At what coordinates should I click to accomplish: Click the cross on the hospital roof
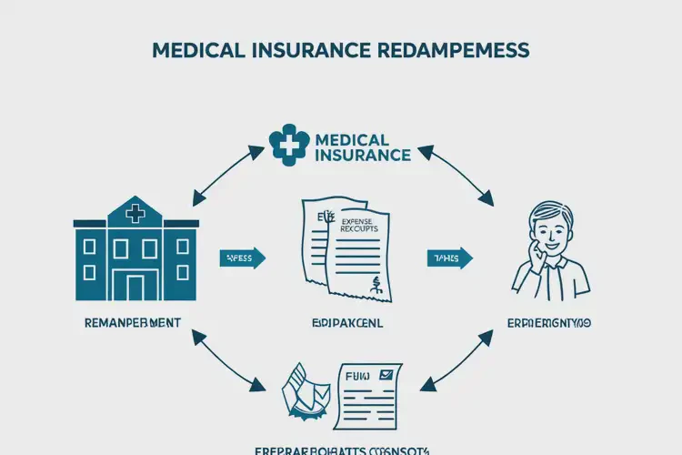coord(135,215)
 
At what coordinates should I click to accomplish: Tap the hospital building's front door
coord(135,286)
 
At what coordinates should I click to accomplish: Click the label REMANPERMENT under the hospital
coord(132,322)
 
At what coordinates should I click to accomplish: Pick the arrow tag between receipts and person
coord(449,258)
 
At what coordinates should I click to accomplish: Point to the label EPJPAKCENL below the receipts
coord(346,323)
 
